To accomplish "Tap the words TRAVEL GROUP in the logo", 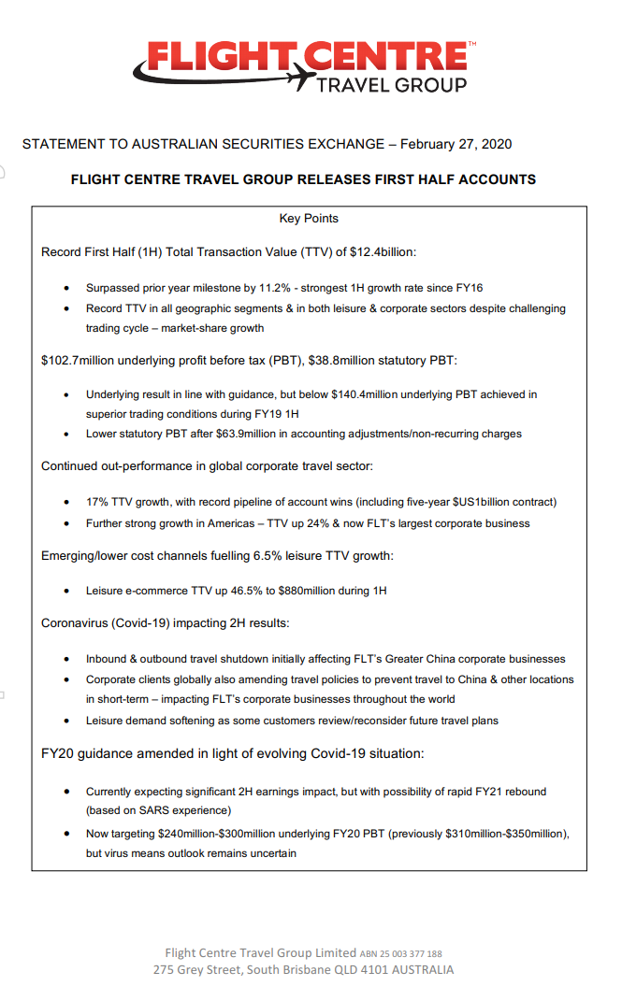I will pyautogui.click(x=392, y=86).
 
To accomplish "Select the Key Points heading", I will pyautogui.click(x=309, y=219).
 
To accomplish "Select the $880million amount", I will pyautogui.click(x=311, y=591).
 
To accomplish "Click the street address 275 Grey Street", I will pyautogui.click(x=197, y=970).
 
